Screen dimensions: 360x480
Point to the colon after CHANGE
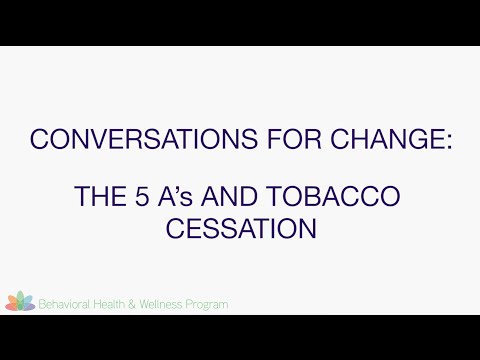(448, 141)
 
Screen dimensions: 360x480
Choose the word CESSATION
(240, 228)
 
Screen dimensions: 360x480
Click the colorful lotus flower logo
(20, 301)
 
